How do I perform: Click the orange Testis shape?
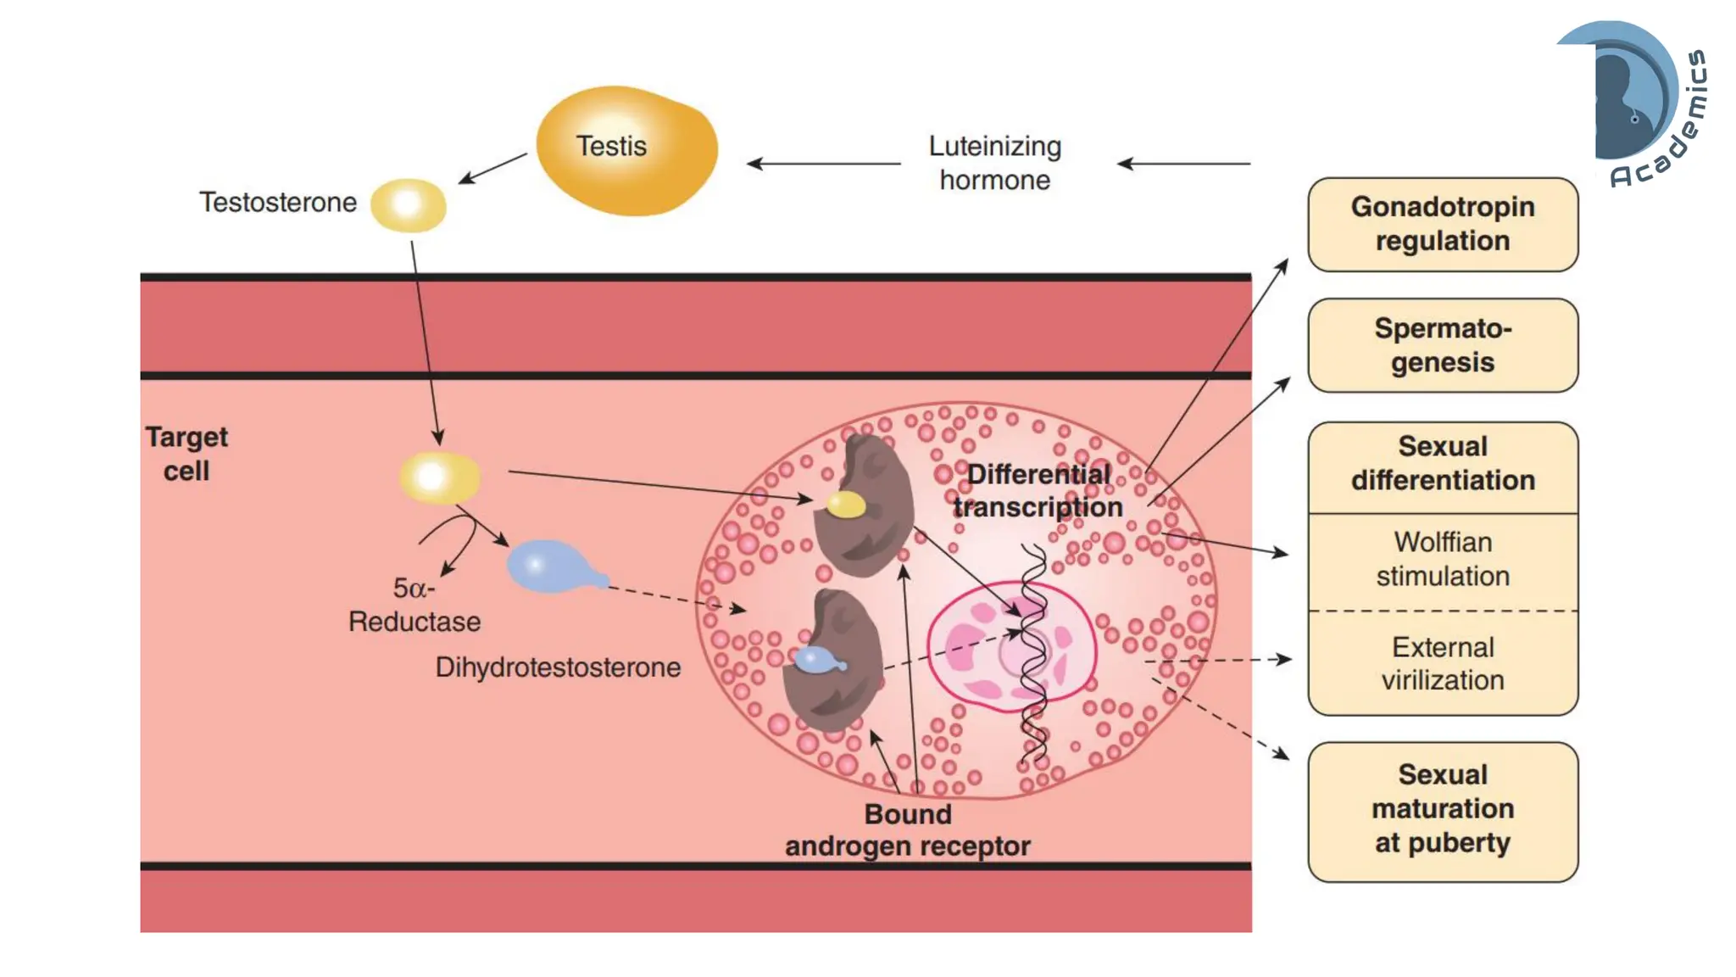point(627,151)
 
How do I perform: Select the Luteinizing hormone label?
point(994,163)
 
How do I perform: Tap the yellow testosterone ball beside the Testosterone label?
point(409,204)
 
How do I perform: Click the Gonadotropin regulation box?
point(1442,224)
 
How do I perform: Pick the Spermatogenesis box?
point(1442,345)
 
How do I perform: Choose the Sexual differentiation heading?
point(1442,464)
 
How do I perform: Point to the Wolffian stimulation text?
point(1442,559)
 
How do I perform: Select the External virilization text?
point(1442,663)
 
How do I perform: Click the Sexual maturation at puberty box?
point(1442,810)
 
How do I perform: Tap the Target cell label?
point(186,454)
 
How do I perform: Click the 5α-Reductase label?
point(415,605)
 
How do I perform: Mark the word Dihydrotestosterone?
point(558,667)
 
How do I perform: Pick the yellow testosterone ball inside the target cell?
point(439,477)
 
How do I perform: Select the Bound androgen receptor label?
point(907,830)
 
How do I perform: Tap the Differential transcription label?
point(1038,491)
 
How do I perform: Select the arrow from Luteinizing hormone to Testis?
point(822,164)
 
